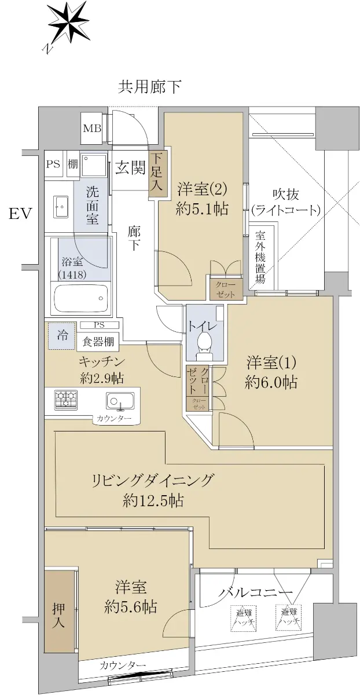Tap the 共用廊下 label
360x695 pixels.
coord(149,87)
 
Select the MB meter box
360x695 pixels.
coord(92,128)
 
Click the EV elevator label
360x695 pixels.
coord(20,214)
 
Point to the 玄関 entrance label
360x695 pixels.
coord(131,168)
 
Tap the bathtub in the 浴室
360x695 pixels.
coord(81,298)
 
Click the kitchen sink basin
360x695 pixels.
coord(120,400)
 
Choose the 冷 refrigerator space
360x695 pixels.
coord(62,335)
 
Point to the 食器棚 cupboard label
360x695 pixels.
coord(98,342)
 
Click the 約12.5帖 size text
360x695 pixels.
coord(153,501)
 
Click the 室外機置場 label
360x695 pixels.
coord(260,258)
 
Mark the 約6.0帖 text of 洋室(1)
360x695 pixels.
coord(271,382)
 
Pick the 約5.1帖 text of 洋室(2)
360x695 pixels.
coord(202,209)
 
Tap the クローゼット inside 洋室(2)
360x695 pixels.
coord(225,290)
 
